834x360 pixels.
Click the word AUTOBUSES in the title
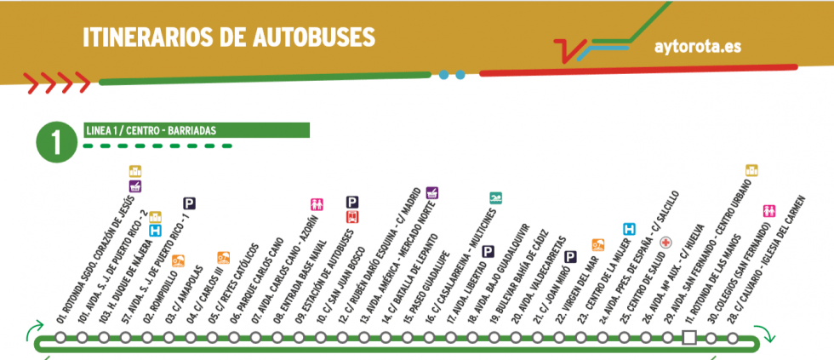click(314, 37)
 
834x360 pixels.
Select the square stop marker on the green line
click(688, 339)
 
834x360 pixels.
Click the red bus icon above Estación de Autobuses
click(351, 216)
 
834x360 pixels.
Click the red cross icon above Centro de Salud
click(666, 242)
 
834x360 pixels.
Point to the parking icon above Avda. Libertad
click(488, 251)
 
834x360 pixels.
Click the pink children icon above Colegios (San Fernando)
click(769, 209)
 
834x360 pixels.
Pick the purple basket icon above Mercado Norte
click(431, 192)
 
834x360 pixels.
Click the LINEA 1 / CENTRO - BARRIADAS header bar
click(196, 130)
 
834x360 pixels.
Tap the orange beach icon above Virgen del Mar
click(597, 244)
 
